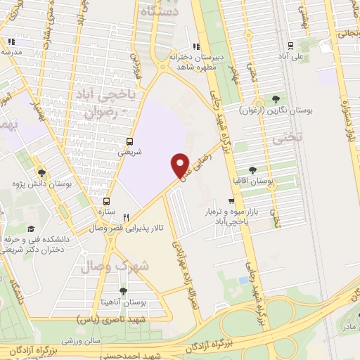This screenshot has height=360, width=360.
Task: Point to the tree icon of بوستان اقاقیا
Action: (254, 170)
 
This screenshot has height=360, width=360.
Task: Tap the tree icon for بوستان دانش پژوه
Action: (42, 172)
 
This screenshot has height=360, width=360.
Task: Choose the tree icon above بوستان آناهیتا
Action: (123, 290)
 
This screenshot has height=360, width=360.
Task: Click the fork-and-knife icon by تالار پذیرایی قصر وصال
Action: (127, 217)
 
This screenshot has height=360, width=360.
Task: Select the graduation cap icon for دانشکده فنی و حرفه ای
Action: (31, 229)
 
